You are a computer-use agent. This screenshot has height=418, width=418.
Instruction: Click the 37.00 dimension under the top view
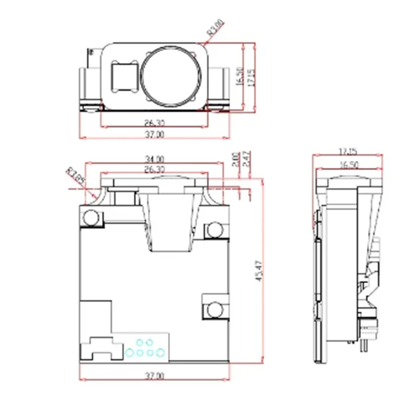tap(154, 135)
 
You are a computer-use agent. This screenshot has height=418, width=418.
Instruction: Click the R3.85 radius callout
tap(75, 176)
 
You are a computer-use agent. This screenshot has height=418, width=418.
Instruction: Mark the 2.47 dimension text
tap(246, 159)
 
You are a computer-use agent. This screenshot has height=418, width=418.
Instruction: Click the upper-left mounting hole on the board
tap(91, 217)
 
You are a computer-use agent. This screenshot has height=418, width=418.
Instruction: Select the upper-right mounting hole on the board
tap(214, 229)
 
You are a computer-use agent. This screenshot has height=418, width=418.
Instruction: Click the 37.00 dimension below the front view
tap(154, 376)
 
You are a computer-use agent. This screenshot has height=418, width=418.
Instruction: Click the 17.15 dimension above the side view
tap(347, 152)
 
